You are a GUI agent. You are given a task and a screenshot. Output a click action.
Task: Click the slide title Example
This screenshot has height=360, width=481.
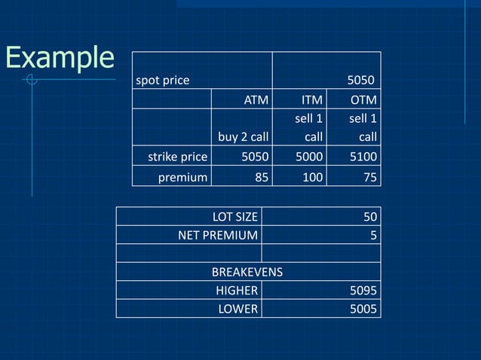coord(59,57)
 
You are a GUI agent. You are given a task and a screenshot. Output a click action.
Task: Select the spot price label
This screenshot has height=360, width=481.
coord(162,80)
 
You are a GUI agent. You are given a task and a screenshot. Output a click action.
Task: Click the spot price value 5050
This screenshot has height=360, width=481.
coord(360,80)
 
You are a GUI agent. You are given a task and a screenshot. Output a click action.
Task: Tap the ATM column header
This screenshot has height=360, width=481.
coord(256,100)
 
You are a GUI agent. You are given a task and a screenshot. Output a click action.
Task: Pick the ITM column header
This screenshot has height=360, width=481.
coord(311,100)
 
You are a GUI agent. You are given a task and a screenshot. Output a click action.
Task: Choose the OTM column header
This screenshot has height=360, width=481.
coord(363,100)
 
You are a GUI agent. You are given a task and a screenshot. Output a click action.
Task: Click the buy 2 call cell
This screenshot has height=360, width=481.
coord(243,137)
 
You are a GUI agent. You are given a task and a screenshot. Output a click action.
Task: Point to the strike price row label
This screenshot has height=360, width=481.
coord(177,157)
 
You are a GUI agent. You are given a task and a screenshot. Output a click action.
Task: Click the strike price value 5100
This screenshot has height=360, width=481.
coord(363,157)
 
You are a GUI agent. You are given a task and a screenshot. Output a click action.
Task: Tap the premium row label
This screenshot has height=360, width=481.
coord(182,178)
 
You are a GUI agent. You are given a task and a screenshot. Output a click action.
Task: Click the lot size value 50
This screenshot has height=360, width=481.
coord(369,217)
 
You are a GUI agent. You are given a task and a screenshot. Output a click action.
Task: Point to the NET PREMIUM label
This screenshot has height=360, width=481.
coord(217,235)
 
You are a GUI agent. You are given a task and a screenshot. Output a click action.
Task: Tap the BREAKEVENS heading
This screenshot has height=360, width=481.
coord(247,272)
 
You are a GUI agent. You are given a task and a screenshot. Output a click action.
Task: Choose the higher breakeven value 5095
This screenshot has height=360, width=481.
coord(363,291)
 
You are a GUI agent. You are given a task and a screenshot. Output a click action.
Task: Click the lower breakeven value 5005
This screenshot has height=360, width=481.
coord(363,309)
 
